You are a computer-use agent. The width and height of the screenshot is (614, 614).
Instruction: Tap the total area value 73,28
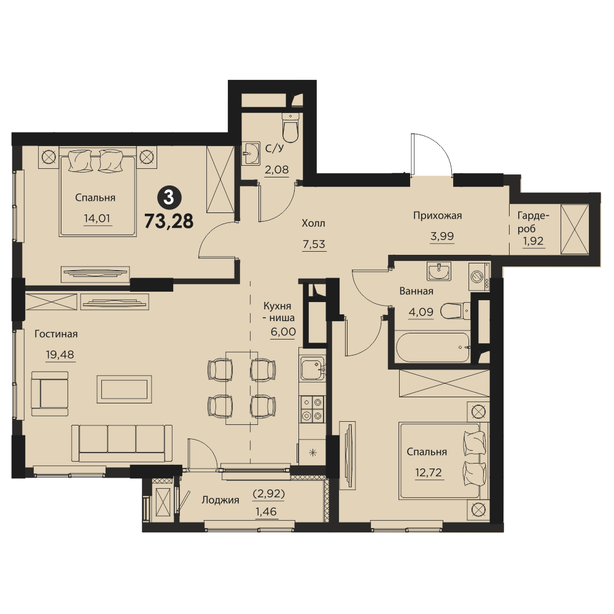click(169, 221)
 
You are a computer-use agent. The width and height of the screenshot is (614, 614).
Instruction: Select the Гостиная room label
click(56, 334)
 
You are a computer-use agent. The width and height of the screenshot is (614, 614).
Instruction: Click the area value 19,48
click(60, 355)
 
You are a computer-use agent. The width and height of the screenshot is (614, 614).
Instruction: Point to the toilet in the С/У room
click(290, 128)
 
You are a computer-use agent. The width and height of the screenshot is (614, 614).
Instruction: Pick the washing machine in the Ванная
click(478, 276)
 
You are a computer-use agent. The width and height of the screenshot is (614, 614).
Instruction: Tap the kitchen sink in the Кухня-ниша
click(313, 368)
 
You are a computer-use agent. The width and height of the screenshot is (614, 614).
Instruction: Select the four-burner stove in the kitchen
click(312, 409)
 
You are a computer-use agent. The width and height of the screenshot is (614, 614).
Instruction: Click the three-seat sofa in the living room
click(122, 443)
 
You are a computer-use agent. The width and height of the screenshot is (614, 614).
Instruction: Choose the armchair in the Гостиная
click(50, 394)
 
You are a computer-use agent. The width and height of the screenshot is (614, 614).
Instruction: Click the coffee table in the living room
click(124, 389)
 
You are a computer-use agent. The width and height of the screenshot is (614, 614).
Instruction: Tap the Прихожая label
click(437, 216)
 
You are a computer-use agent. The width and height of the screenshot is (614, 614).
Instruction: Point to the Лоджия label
click(220, 500)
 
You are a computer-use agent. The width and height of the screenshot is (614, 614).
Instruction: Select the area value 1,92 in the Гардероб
click(534, 241)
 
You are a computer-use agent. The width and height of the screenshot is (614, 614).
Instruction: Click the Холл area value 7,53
click(314, 244)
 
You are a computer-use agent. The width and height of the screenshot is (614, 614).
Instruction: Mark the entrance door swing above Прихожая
click(431, 153)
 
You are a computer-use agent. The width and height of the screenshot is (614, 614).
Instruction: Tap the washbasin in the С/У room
click(251, 153)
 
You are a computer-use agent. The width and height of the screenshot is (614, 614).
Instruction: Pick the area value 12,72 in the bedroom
click(429, 473)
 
